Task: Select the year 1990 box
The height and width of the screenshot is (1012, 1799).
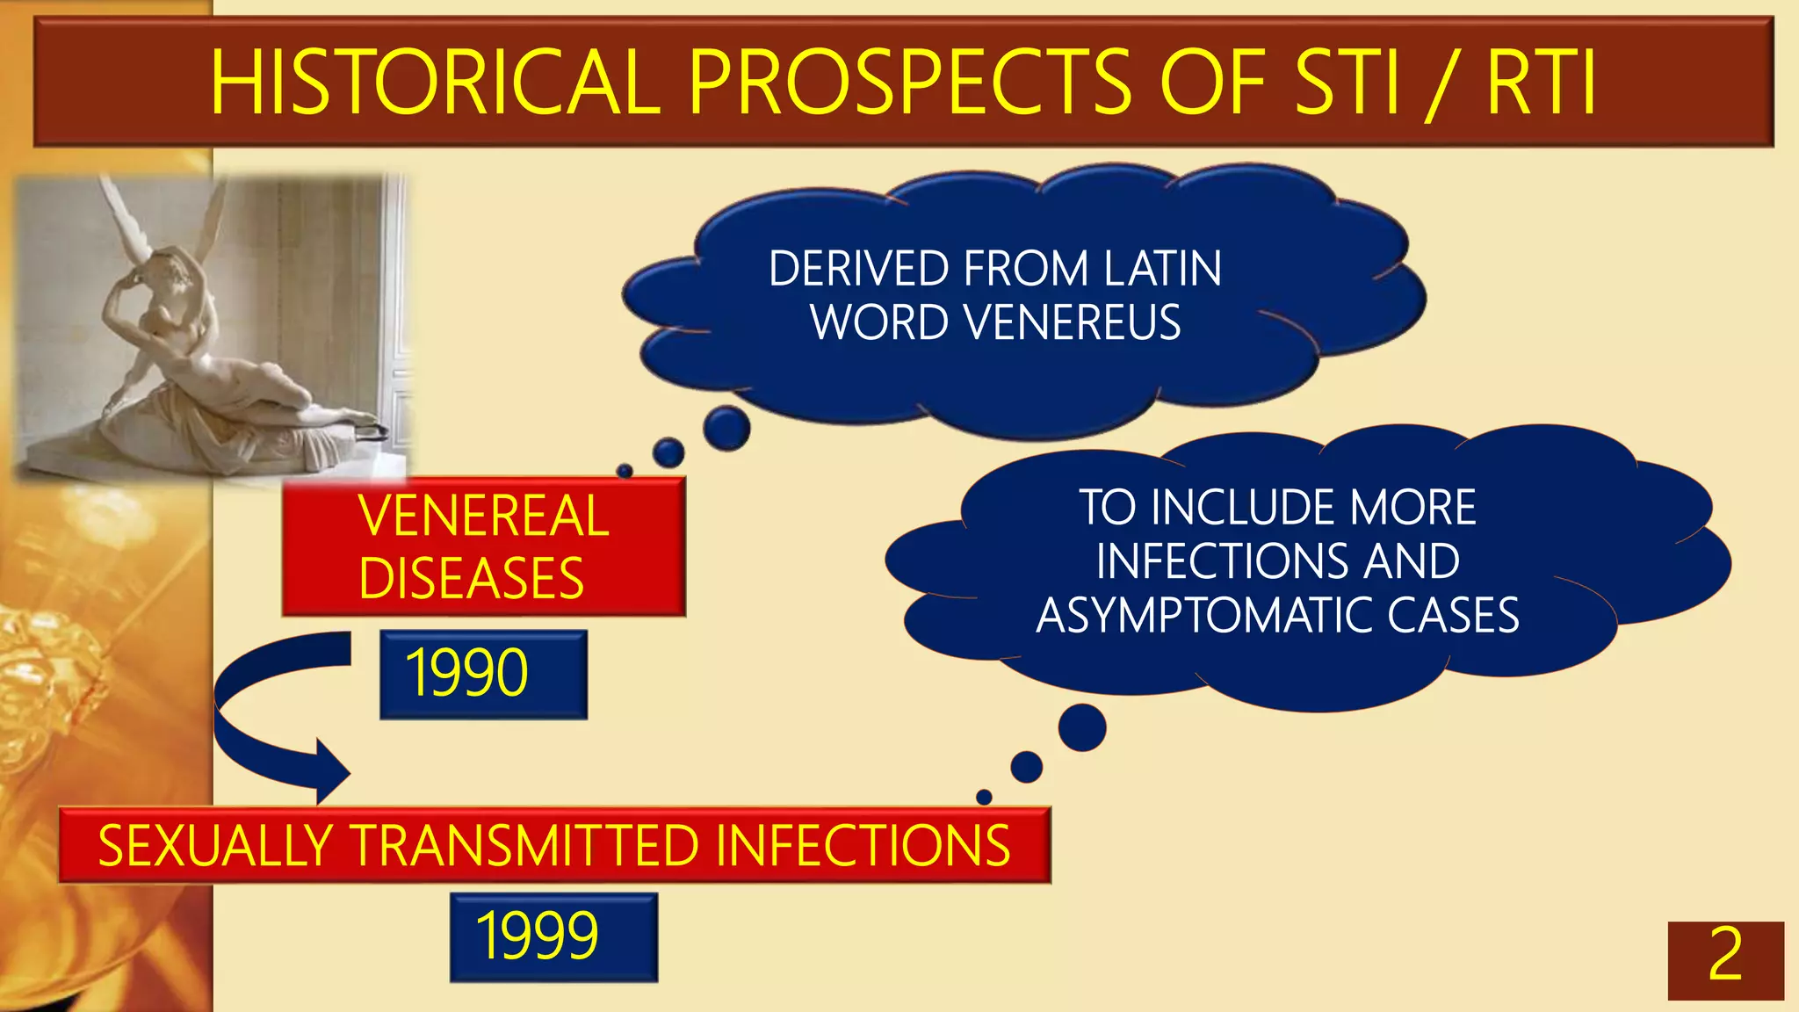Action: coord(483,674)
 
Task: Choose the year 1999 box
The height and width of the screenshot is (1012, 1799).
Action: coord(553,936)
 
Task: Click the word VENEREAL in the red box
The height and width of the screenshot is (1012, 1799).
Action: coord(484,516)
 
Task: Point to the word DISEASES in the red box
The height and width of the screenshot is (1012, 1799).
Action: coord(472,579)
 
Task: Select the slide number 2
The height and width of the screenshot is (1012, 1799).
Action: coord(1725,958)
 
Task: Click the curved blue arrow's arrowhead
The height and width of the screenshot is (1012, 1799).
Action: coord(332,772)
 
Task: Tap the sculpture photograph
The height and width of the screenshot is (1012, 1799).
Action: coord(211,325)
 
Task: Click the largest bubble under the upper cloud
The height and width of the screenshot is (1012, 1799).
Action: coord(726,428)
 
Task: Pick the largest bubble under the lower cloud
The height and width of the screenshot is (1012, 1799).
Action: coord(1082,727)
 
